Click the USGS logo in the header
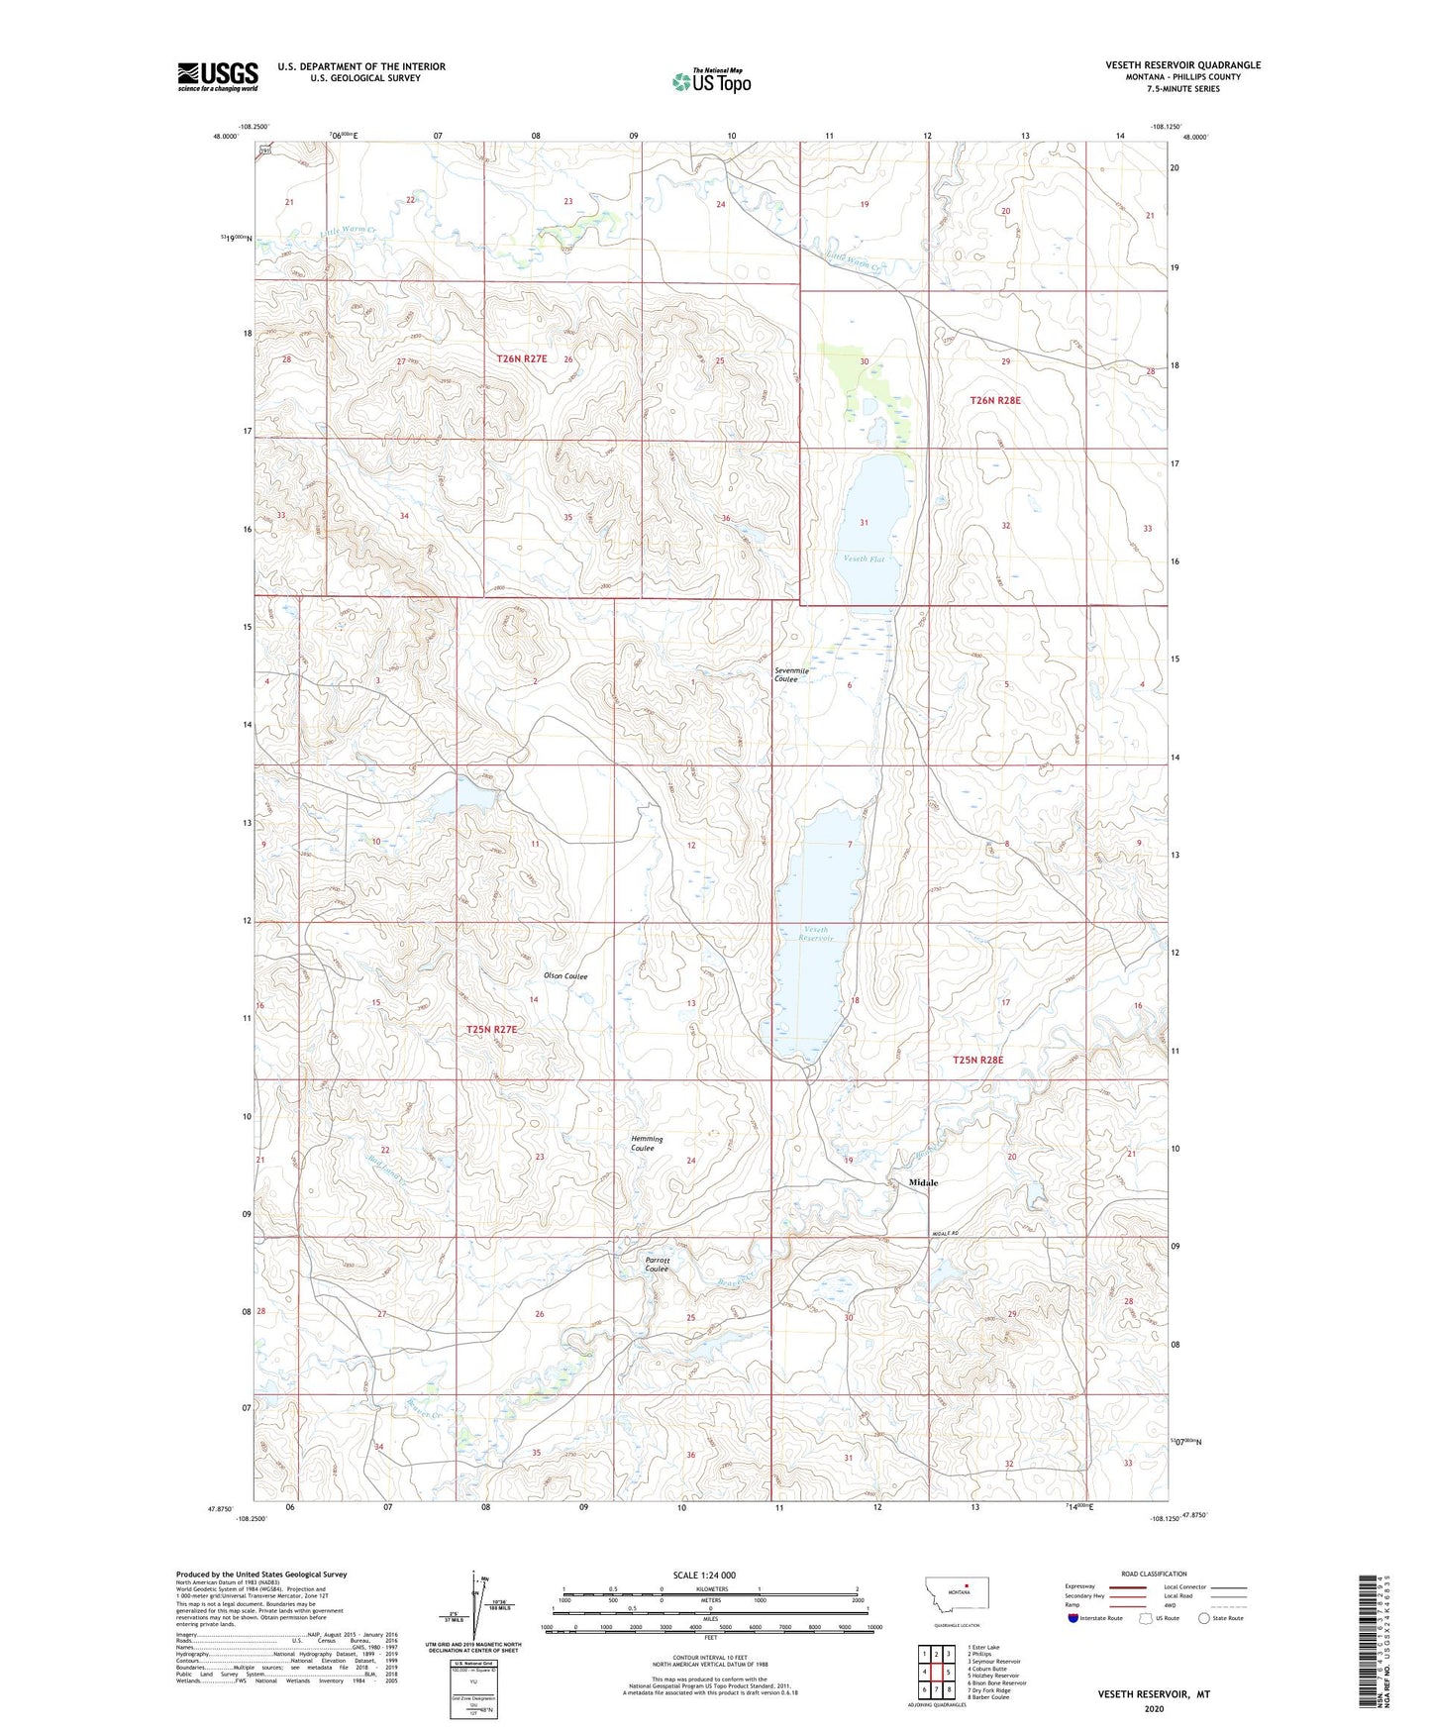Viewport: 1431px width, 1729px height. click(217, 76)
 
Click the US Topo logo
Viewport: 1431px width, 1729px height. click(711, 81)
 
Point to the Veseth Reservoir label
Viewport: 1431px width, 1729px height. click(818, 933)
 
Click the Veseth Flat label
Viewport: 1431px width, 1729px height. click(863, 559)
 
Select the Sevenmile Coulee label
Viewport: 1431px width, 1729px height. click(791, 674)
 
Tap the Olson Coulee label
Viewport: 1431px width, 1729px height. click(565, 976)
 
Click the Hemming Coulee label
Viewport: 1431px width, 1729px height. click(647, 1143)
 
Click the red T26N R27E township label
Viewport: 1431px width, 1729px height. click(521, 358)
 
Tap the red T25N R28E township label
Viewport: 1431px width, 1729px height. click(977, 1060)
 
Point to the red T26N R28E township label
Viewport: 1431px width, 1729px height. click(994, 400)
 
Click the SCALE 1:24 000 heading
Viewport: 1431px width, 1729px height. click(704, 1575)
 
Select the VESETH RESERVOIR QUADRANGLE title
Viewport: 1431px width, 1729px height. click(1182, 65)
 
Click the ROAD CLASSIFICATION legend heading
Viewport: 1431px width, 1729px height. click(1154, 1574)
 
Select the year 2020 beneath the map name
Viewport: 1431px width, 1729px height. click(1153, 1708)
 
